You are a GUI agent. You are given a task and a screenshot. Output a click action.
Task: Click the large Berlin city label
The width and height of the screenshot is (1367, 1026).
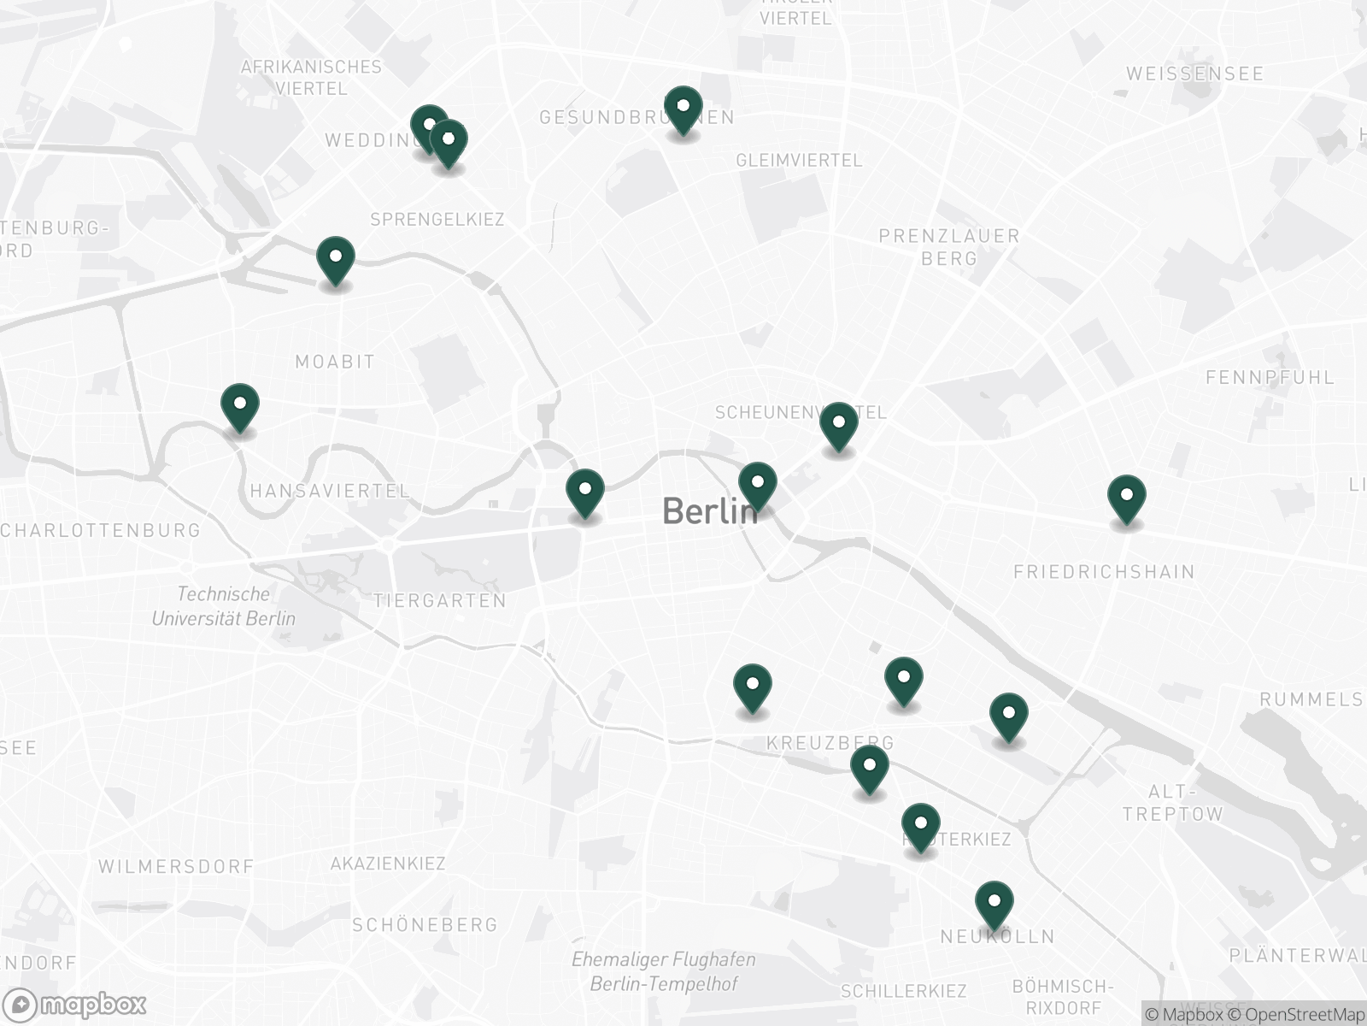tap(709, 511)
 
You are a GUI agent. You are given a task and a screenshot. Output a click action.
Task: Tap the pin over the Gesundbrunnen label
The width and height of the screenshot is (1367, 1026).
tap(683, 110)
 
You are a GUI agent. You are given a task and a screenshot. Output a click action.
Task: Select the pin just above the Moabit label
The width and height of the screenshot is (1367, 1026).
tap(336, 260)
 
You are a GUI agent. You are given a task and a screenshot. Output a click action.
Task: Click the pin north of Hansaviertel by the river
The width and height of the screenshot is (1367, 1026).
tap(240, 407)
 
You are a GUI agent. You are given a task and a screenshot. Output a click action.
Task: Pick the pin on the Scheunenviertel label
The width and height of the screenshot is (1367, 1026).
tap(839, 426)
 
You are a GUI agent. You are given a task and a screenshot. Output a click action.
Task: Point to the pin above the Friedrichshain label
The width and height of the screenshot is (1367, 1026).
tap(1126, 498)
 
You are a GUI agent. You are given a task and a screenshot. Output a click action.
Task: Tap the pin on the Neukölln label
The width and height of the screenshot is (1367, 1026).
tap(994, 905)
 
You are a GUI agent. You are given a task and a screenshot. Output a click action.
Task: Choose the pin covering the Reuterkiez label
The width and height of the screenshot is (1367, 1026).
tap(920, 827)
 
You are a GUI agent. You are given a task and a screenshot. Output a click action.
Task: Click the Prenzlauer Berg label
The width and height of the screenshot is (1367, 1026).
tap(949, 246)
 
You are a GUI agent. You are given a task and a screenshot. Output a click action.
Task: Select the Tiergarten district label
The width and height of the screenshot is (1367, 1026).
tap(440, 601)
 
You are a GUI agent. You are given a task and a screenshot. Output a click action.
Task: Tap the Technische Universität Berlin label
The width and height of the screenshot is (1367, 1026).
tap(224, 606)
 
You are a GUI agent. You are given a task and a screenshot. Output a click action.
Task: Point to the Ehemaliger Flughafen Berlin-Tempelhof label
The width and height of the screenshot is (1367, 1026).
tap(664, 971)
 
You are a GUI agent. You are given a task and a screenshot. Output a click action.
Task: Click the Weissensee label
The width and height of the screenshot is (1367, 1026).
tap(1194, 74)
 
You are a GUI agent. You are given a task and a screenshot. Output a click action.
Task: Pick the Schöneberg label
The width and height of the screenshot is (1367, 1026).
tap(425, 924)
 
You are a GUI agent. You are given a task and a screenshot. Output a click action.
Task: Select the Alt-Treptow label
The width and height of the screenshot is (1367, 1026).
tap(1173, 803)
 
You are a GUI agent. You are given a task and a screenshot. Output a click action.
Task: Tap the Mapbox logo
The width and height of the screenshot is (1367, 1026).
tap(79, 1004)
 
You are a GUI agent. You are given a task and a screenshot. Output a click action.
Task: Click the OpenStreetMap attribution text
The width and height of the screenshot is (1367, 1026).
tap(1304, 1014)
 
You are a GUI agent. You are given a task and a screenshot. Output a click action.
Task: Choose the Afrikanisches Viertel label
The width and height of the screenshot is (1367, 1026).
tap(311, 77)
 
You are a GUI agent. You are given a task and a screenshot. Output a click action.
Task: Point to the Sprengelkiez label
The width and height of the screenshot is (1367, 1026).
tap(437, 220)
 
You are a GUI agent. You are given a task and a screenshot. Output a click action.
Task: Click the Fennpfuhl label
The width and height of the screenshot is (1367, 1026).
tap(1270, 377)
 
